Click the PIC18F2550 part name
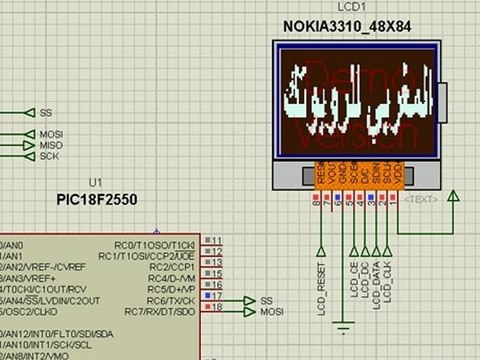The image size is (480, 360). point(97,200)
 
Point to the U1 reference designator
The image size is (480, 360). point(95,183)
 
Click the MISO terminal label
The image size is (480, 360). point(50,145)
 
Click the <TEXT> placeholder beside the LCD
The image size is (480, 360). point(420,199)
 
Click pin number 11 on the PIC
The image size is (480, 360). point(215,241)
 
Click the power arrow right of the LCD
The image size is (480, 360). point(454,195)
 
